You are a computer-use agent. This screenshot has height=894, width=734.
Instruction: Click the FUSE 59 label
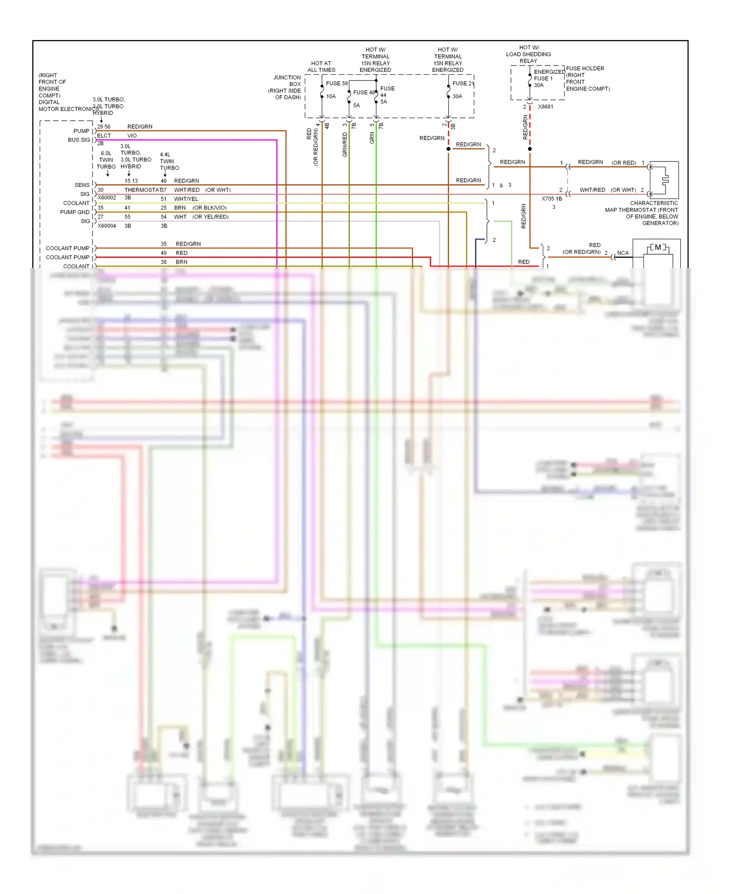337,83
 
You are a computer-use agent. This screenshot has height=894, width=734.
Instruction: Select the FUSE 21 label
463,83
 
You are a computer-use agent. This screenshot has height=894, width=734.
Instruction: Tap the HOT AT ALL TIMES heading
321,67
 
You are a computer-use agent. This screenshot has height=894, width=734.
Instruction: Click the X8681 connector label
545,107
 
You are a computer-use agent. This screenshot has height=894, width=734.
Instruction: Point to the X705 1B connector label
551,199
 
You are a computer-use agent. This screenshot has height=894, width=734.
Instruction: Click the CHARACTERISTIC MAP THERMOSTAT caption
642,213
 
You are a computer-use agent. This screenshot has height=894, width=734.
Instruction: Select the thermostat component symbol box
664,179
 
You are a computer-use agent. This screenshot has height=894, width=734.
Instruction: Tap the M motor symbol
658,247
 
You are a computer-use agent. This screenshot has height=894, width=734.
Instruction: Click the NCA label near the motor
622,253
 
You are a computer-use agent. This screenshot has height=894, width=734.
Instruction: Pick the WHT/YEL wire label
186,199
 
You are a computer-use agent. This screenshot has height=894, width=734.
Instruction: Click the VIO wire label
132,135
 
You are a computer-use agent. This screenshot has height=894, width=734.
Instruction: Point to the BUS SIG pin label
79,140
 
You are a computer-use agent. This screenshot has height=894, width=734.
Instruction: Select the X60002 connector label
107,198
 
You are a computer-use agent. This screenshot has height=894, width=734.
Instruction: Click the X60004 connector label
107,226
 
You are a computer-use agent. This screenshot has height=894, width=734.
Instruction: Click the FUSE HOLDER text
585,68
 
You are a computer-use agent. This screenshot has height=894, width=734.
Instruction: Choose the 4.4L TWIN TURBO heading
169,161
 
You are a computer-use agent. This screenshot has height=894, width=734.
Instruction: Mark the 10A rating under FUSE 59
331,96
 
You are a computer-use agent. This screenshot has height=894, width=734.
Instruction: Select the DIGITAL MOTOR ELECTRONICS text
68,106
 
